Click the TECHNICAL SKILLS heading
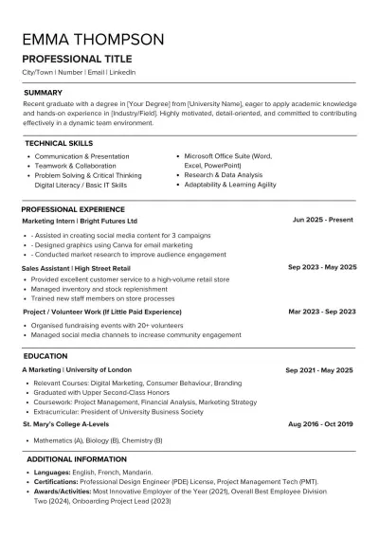pyautogui.click(x=58, y=142)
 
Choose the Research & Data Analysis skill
pyautogui.click(x=224, y=175)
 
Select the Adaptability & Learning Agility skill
pyautogui.click(x=230, y=185)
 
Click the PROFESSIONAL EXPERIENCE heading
pyautogui.click(x=73, y=208)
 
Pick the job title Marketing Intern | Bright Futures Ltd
pyautogui.click(x=80, y=220)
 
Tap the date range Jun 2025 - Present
pyautogui.click(x=323, y=220)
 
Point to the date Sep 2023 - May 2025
pyautogui.click(x=321, y=267)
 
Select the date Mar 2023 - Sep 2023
pyautogui.click(x=322, y=311)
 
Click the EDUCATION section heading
pyautogui.click(x=45, y=355)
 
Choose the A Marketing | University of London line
pyautogui.click(x=78, y=369)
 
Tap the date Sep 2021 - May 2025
pyautogui.click(x=319, y=369)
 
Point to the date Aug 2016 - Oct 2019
pyautogui.click(x=321, y=425)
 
